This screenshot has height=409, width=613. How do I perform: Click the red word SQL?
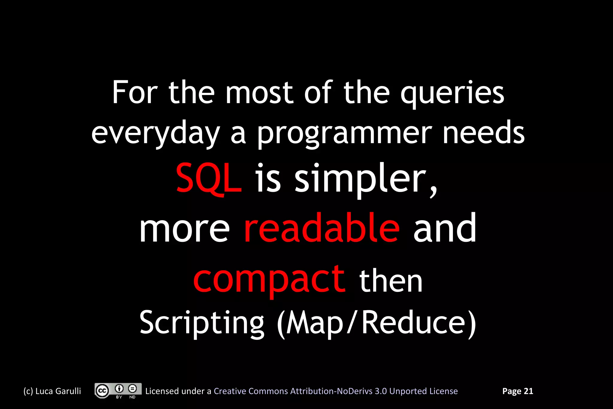pos(208,179)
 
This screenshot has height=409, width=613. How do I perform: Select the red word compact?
pos(269,279)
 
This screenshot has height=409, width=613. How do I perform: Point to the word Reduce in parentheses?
pos(414,323)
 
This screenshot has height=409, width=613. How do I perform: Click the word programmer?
pos(344,134)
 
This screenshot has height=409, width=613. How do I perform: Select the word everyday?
pos(156,134)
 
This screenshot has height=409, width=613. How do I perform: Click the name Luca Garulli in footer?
pos(58,391)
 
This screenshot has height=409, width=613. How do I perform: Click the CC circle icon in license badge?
pos(102,391)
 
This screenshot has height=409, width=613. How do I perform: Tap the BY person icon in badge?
pos(119,389)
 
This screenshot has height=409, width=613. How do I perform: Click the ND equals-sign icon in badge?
pos(132,389)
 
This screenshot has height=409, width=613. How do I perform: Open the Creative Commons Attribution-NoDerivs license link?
pos(336,391)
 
